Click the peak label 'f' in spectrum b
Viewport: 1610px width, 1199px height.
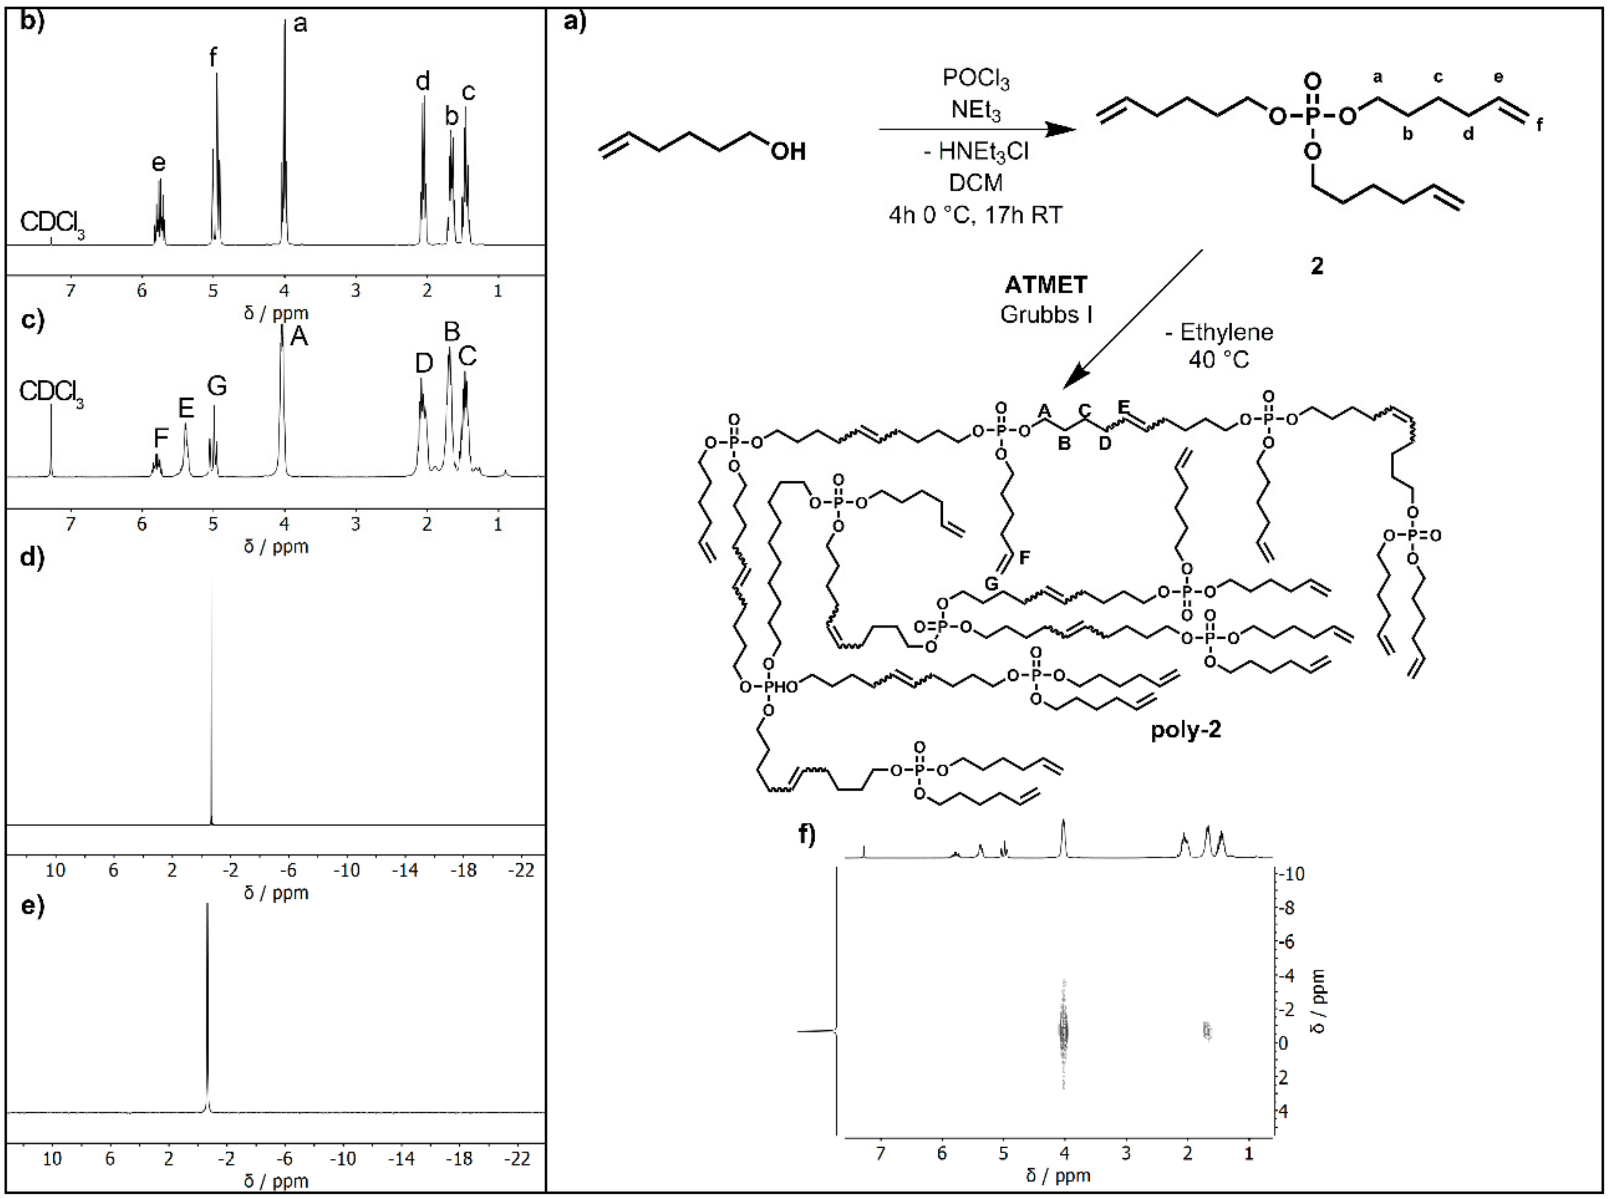click(212, 57)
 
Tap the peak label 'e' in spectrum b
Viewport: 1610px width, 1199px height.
click(158, 163)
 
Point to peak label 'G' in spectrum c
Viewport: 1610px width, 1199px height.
click(217, 386)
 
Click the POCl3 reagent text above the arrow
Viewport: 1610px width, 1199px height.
click(976, 79)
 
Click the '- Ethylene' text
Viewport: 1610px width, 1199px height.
click(1219, 332)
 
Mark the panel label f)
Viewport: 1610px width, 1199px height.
click(807, 835)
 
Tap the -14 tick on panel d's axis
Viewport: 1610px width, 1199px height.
click(405, 870)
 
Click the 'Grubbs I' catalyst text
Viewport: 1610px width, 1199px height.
click(1046, 314)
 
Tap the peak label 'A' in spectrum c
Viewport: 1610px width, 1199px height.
click(299, 337)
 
